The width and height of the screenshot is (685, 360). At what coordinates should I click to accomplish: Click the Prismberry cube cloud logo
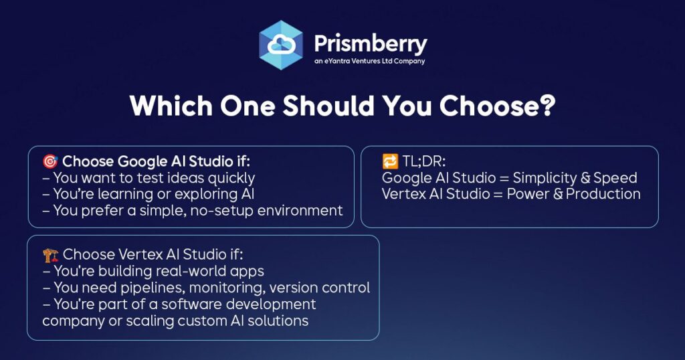[x=281, y=45]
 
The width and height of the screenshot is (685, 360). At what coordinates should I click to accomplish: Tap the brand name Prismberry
[x=371, y=43]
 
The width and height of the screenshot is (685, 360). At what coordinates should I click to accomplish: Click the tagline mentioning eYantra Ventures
[x=369, y=61]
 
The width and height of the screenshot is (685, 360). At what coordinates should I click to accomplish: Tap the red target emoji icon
[x=50, y=162]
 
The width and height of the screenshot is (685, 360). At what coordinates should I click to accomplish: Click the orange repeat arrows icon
[x=390, y=162]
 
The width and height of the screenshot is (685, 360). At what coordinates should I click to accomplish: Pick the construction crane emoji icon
[x=51, y=255]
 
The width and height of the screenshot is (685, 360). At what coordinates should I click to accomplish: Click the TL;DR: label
[x=423, y=162]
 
